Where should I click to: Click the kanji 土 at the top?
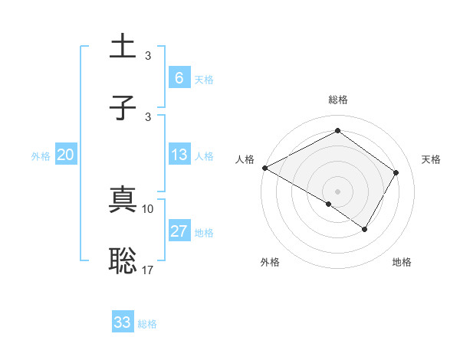123,46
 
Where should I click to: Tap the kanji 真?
123,201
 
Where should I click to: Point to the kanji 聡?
123,261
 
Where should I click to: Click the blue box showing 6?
179,77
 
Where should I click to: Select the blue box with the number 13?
179,155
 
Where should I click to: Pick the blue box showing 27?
179,231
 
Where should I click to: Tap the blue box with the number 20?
65,155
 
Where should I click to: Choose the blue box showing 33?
123,322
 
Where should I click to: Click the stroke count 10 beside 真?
148,208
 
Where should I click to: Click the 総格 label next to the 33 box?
147,324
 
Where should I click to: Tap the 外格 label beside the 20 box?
41,155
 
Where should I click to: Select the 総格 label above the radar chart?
337,100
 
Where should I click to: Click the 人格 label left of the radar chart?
245,159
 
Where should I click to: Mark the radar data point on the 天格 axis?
396,172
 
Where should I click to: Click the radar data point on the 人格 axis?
264,168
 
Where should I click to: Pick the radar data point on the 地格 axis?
365,229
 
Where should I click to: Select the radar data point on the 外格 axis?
329,204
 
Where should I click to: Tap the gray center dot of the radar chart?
337,191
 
